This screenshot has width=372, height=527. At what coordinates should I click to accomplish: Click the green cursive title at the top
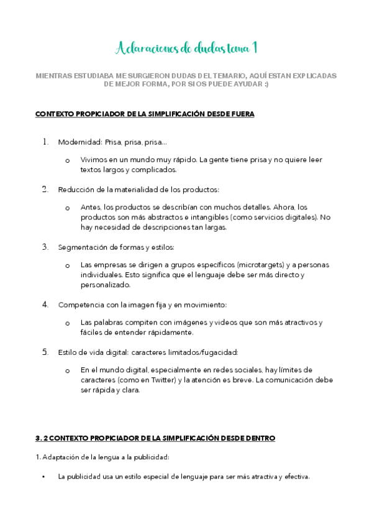[x=187, y=48]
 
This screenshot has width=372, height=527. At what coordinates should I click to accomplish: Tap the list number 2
[x=45, y=189]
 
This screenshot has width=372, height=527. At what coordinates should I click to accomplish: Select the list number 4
[x=45, y=305]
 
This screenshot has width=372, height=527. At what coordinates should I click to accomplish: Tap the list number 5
[x=45, y=352]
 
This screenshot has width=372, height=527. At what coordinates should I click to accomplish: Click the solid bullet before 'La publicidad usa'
[x=43, y=477]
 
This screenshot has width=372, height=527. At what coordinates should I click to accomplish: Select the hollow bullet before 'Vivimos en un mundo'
[x=67, y=160]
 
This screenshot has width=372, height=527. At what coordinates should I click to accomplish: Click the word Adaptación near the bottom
[x=59, y=457]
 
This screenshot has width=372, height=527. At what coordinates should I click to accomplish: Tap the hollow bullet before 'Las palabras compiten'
[x=67, y=323]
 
